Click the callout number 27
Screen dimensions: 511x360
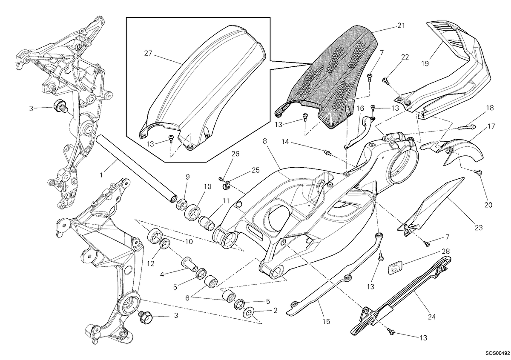pos(148,53)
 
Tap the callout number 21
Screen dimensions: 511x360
pos(401,26)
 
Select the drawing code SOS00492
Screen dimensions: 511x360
pos(497,353)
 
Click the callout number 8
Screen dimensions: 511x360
pos(264,141)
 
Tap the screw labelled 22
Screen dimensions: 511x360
pos(385,80)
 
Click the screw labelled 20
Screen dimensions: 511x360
pos(478,179)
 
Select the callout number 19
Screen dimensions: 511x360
pos(425,63)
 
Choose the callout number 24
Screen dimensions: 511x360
pos(432,317)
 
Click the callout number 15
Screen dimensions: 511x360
pos(326,322)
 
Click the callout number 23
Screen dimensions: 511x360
pos(479,228)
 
